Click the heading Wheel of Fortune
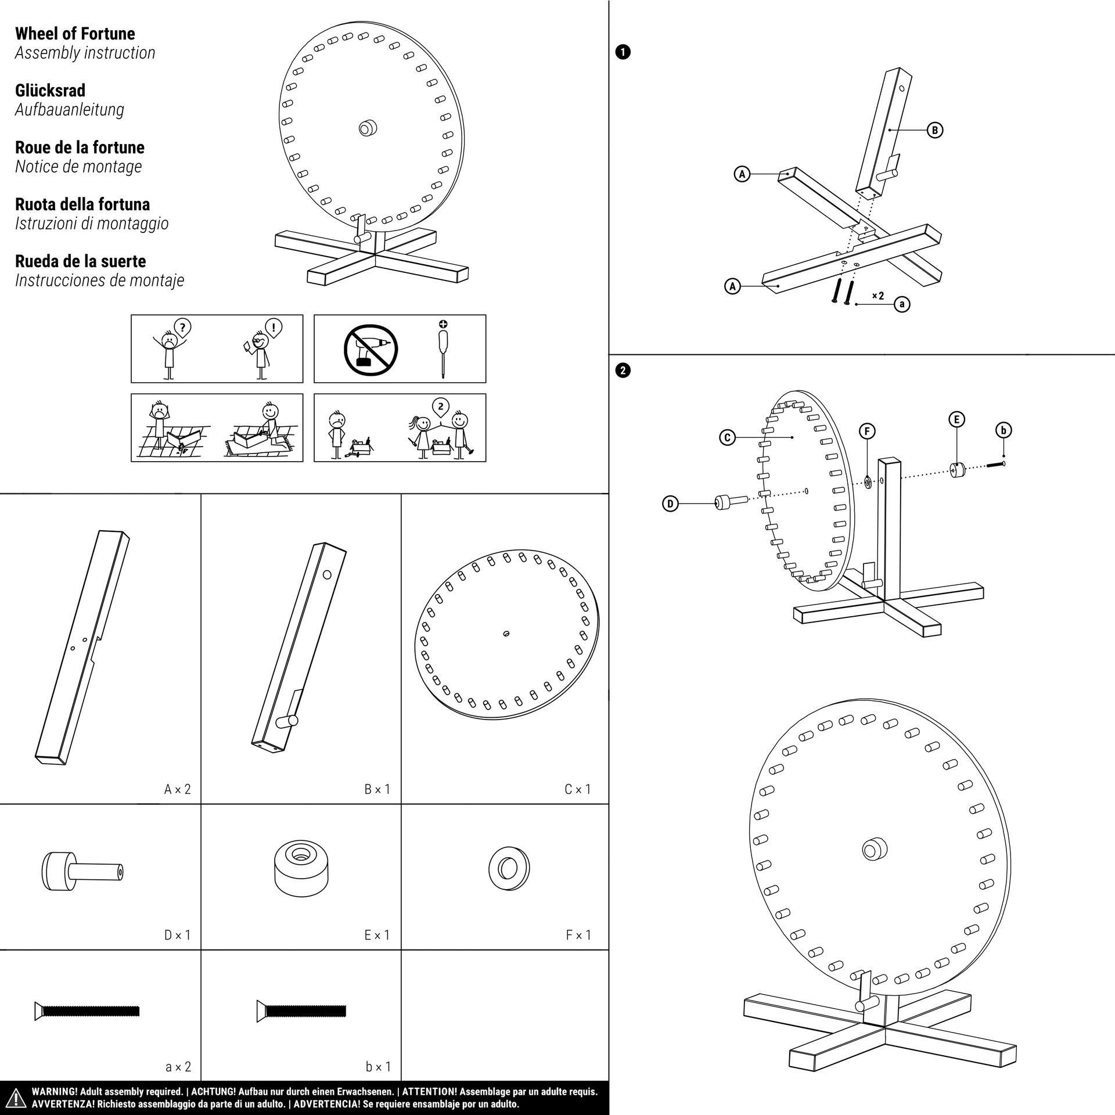click(x=75, y=34)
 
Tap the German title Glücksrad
click(x=50, y=91)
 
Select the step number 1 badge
click(x=622, y=52)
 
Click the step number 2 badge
click(x=622, y=371)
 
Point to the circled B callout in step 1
click(x=934, y=130)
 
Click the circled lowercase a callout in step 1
click(x=901, y=304)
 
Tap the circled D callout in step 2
click(x=670, y=503)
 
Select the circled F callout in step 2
click(x=867, y=430)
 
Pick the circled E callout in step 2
click(x=956, y=419)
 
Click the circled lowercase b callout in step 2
click(x=1003, y=430)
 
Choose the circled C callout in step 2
click(x=727, y=437)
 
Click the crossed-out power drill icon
click(x=371, y=350)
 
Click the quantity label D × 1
click(x=177, y=935)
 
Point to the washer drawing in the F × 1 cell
click(x=509, y=869)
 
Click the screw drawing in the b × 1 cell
click(x=301, y=1010)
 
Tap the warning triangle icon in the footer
click(x=16, y=1097)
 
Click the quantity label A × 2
click(x=177, y=789)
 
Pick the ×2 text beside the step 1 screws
click(x=877, y=296)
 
